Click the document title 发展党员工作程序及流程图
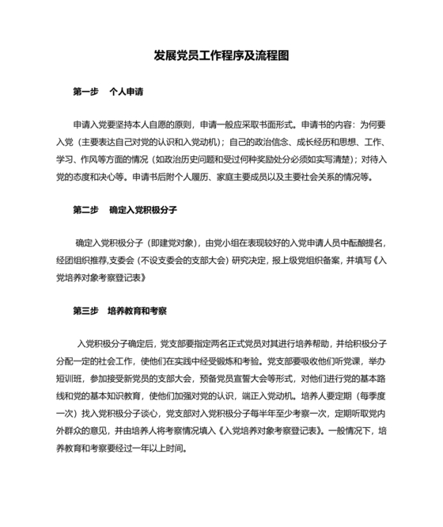click(x=221, y=56)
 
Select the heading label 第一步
click(x=85, y=92)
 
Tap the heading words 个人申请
click(x=127, y=92)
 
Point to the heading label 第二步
click(x=85, y=210)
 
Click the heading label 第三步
click(x=85, y=311)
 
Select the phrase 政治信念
click(x=263, y=142)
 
